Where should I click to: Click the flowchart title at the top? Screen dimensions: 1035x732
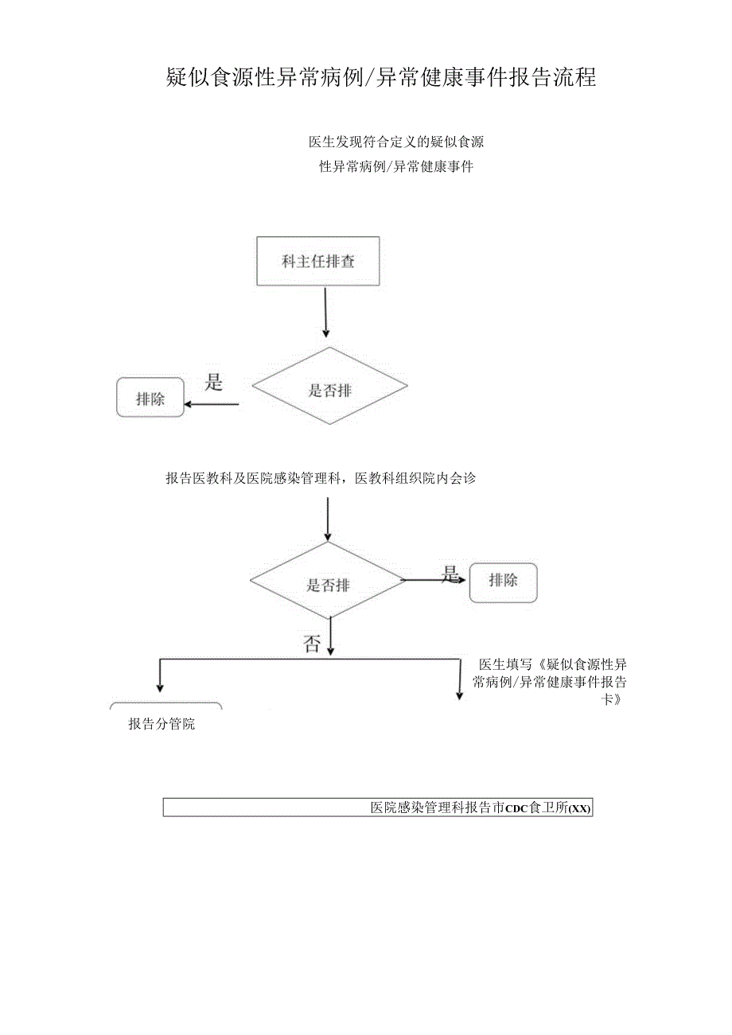point(381,77)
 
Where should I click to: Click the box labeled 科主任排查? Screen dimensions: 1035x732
point(318,261)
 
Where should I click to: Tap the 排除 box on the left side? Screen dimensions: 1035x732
point(150,398)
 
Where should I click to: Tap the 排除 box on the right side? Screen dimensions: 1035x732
point(503,582)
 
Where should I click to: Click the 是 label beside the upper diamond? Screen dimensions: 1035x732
point(214,383)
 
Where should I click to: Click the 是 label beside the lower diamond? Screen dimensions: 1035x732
point(451,574)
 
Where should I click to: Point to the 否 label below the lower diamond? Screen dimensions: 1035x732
point(312,644)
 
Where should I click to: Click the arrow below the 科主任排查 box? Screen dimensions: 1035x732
point(325,312)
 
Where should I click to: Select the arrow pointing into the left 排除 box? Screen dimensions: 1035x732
point(211,404)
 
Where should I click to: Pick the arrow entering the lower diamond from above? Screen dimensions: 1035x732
point(328,519)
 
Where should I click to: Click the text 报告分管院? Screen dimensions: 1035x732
point(162,725)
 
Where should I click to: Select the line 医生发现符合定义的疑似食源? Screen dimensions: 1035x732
point(396,142)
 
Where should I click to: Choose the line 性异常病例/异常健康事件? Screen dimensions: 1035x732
point(396,167)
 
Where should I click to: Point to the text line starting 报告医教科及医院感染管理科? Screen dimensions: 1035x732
point(321,478)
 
